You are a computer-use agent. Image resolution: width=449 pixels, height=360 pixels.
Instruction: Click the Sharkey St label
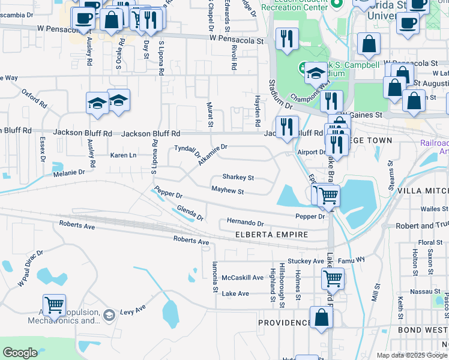[x=238, y=178]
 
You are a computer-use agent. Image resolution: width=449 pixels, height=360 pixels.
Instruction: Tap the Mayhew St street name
[x=228, y=191]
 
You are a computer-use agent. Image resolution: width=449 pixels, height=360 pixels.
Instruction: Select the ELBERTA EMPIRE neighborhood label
[x=271, y=235]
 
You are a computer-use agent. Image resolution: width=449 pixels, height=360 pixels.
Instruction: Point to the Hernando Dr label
[x=246, y=222]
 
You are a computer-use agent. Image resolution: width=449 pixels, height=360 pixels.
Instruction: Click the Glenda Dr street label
[x=190, y=212]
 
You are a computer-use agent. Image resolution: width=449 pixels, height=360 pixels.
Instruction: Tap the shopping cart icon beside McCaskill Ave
[x=333, y=278]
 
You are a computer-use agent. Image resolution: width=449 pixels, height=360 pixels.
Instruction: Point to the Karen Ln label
[x=124, y=155]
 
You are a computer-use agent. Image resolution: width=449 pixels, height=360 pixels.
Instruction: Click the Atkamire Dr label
[x=213, y=154]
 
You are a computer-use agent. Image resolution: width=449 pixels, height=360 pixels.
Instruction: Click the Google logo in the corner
[x=20, y=353]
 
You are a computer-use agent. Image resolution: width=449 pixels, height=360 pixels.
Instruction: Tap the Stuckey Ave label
[x=306, y=261]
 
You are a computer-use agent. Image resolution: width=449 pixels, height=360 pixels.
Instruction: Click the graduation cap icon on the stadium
[x=315, y=74]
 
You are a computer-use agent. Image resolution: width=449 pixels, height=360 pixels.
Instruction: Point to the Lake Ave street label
[x=235, y=293]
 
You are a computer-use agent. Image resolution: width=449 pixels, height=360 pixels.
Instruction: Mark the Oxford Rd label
[x=34, y=98]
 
